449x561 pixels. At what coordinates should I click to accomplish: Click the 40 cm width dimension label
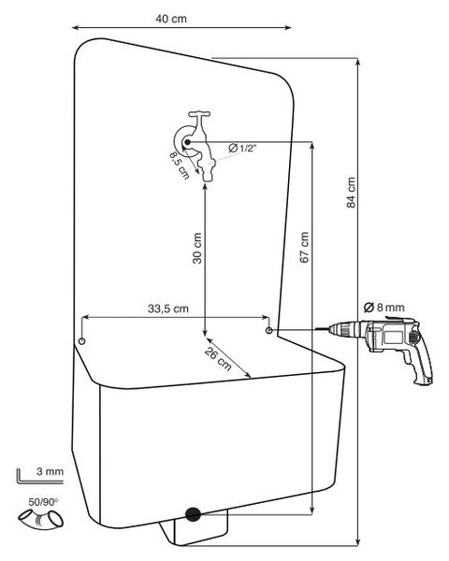click(171, 19)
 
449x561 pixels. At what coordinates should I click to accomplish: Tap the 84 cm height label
click(352, 193)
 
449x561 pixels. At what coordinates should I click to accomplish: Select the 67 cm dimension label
click(304, 247)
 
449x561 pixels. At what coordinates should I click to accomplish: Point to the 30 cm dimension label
click(197, 249)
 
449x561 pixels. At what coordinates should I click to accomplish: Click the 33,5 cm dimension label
click(168, 309)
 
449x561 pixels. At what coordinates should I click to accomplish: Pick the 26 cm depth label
click(218, 359)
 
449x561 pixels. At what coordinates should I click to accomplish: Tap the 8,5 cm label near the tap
click(180, 165)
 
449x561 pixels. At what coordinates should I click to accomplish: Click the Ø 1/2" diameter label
click(242, 148)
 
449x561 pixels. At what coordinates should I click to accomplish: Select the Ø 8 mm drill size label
click(384, 307)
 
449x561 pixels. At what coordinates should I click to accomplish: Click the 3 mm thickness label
click(50, 471)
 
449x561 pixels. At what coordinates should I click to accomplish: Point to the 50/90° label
click(43, 502)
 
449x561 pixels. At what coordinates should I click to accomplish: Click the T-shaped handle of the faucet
click(199, 115)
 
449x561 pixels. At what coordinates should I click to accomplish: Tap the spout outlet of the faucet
click(208, 176)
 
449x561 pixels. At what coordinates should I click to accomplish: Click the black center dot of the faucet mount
click(187, 142)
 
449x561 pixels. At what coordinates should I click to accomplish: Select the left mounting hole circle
click(81, 341)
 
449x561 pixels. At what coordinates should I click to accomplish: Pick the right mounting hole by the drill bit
click(268, 330)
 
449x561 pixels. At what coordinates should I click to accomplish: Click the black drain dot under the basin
click(193, 514)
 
